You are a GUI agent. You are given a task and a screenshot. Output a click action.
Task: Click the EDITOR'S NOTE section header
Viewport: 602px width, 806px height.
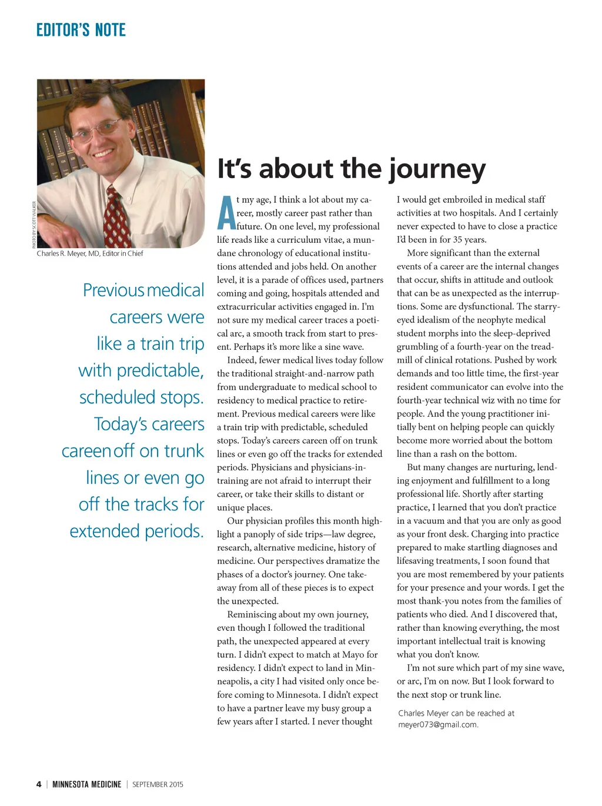[x=81, y=30]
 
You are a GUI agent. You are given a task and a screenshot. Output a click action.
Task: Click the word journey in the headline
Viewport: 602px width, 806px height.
[x=436, y=170]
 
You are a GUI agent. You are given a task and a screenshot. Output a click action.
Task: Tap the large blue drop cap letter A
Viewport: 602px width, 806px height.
[x=226, y=213]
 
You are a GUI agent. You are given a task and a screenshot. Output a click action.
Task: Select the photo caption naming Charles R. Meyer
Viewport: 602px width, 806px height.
[x=90, y=253]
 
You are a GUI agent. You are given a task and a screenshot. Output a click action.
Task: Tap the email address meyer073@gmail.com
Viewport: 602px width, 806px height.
[x=437, y=724]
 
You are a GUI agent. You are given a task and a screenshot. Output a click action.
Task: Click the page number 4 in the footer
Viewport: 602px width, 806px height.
[x=39, y=784]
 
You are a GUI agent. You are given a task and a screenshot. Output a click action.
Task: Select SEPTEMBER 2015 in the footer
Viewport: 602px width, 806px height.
[x=158, y=784]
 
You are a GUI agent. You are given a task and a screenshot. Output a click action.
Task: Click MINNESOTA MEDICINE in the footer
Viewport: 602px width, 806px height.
[x=86, y=784]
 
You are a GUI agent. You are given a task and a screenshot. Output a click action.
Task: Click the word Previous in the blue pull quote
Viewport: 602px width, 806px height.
[x=113, y=290]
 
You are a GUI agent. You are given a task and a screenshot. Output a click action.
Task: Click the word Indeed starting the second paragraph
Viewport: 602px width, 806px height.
[x=241, y=360]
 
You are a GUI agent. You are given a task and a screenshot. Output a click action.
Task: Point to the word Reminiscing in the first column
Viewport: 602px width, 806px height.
[x=252, y=614]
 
